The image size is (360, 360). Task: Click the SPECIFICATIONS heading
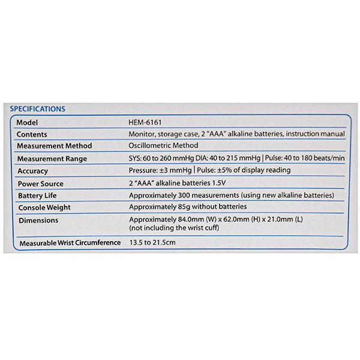[x=37, y=109]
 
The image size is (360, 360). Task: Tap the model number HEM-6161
[x=145, y=122]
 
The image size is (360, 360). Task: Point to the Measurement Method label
[x=55, y=146]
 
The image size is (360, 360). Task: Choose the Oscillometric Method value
[x=163, y=146]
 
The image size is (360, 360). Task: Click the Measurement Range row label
[x=52, y=159]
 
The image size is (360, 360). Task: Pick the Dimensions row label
[x=38, y=220]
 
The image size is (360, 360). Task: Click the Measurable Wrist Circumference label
[x=66, y=244]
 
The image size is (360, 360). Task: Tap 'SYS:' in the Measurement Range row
[x=136, y=159]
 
